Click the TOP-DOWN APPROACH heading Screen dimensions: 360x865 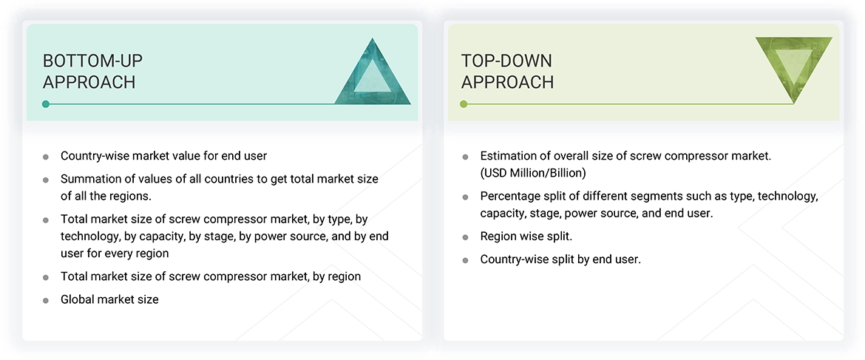pyautogui.click(x=507, y=71)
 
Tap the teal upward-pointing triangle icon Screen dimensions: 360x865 pyautogui.click(x=373, y=72)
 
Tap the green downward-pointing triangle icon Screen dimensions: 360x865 pyautogui.click(x=793, y=69)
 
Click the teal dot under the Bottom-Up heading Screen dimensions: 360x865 pyautogui.click(x=46, y=104)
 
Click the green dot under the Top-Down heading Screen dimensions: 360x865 pyautogui.click(x=464, y=104)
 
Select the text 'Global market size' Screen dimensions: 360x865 pyautogui.click(x=109, y=299)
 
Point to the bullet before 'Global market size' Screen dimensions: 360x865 pyautogui.click(x=46, y=300)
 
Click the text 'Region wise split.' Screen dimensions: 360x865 pyautogui.click(x=526, y=237)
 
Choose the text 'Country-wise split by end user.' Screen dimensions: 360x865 pyautogui.click(x=560, y=259)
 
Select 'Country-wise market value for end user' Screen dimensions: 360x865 pyautogui.click(x=163, y=156)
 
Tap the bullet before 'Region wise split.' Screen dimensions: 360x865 pyautogui.click(x=465, y=237)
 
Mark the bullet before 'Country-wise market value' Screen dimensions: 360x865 pyautogui.click(x=46, y=157)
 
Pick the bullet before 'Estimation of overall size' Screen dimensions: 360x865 pyautogui.click(x=465, y=157)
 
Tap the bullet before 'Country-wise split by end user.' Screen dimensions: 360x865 pyautogui.click(x=465, y=260)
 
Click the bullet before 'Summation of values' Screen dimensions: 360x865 pyautogui.click(x=46, y=180)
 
